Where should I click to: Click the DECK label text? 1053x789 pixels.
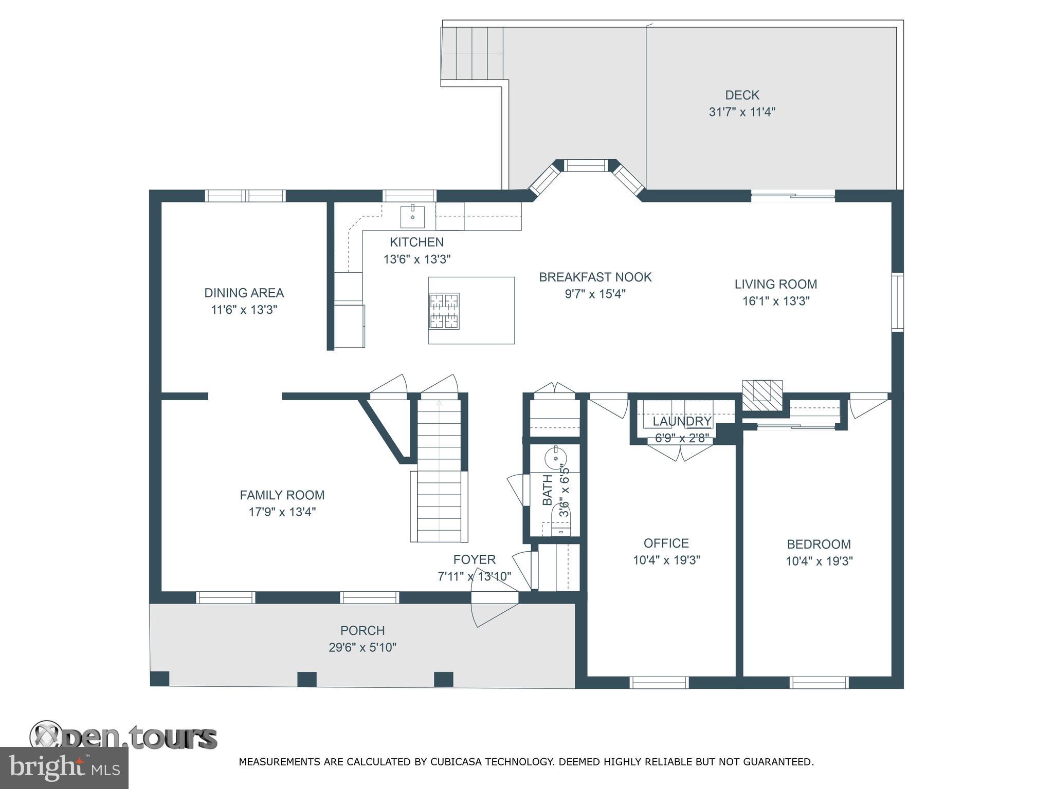(742, 95)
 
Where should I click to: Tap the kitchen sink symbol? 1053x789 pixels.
(413, 216)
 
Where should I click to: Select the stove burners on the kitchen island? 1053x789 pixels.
(445, 311)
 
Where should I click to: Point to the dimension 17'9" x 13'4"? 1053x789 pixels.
(282, 512)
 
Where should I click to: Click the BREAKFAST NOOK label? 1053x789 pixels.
(595, 277)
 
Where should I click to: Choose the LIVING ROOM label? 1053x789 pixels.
(775, 284)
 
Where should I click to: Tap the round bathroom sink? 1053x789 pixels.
(555, 457)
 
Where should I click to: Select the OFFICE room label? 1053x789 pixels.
(666, 543)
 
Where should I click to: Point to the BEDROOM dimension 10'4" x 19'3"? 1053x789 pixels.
(819, 561)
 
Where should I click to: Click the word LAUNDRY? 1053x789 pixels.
(682, 421)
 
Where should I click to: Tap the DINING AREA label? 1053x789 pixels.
(244, 293)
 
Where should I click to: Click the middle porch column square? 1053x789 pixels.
(307, 679)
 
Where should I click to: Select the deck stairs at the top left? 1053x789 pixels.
(472, 53)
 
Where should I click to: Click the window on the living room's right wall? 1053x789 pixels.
(897, 302)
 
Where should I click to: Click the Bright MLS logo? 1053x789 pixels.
(64, 768)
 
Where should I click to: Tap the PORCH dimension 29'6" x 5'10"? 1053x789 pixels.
(362, 647)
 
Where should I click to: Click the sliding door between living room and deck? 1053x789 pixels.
(793, 195)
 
